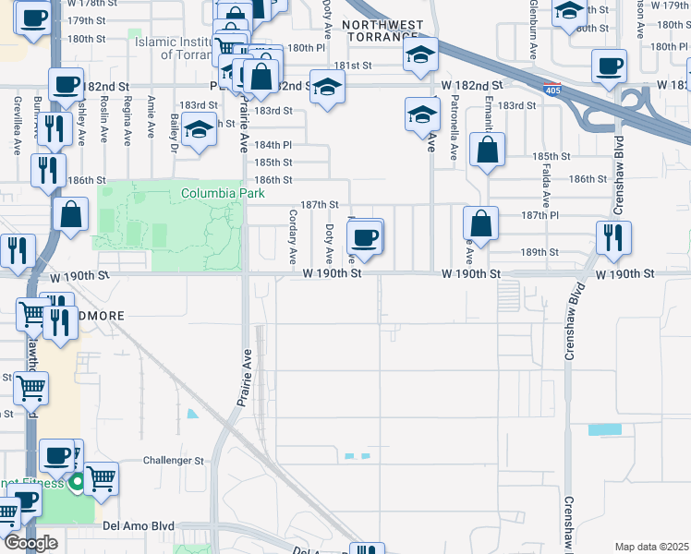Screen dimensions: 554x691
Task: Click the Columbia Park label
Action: click(223, 193)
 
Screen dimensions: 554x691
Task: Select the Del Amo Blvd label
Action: click(139, 525)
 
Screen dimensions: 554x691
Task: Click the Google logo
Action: click(30, 544)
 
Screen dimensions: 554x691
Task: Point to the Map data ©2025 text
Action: click(652, 547)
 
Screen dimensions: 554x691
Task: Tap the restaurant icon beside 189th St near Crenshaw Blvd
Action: click(613, 237)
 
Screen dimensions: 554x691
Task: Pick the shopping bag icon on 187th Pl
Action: click(480, 223)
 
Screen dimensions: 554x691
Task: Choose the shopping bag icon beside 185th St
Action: click(487, 150)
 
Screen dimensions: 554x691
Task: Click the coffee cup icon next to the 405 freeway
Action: click(609, 66)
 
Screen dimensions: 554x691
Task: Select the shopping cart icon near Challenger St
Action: click(101, 478)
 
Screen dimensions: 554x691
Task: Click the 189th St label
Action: click(540, 251)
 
